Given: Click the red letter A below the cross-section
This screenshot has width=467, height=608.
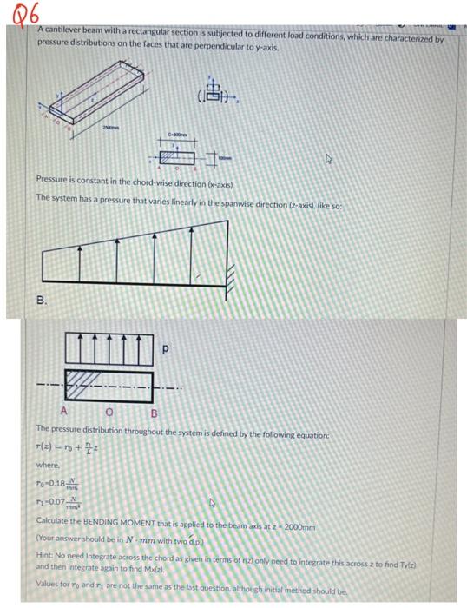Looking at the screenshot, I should [x=63, y=413].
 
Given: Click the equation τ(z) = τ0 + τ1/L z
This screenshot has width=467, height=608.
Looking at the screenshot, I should [x=74, y=447].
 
